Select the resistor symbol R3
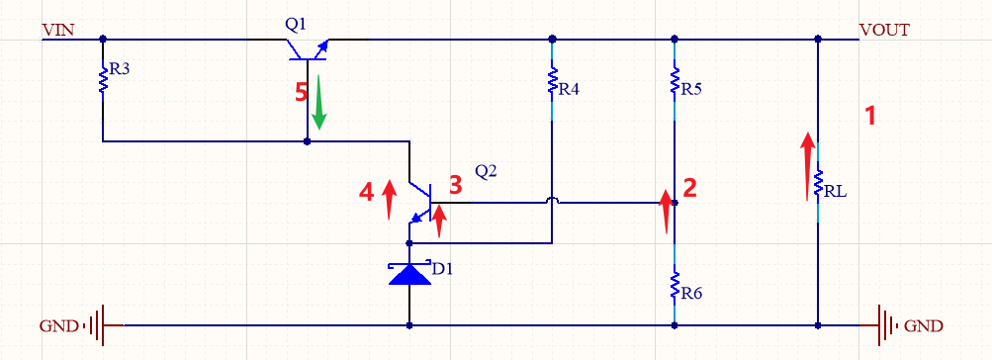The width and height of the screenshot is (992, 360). pyautogui.click(x=103, y=79)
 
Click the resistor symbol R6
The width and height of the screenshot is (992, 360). pyautogui.click(x=675, y=286)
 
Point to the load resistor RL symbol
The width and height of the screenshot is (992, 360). pyautogui.click(x=818, y=183)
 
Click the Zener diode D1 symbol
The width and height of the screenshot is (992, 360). pyautogui.click(x=409, y=274)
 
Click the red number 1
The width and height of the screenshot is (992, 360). pyautogui.click(x=870, y=116)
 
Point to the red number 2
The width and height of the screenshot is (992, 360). pyautogui.click(x=690, y=188)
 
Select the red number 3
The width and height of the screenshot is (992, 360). pyautogui.click(x=455, y=185)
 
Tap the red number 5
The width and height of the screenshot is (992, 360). pyautogui.click(x=302, y=93)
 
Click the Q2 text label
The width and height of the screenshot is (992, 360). pyautogui.click(x=486, y=170)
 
